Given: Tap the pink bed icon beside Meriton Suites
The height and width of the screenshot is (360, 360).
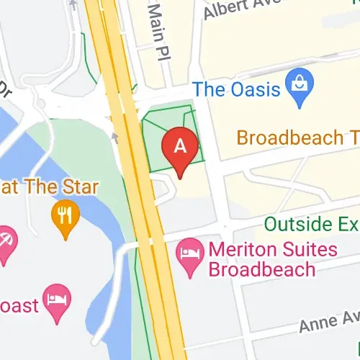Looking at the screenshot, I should point(189,257).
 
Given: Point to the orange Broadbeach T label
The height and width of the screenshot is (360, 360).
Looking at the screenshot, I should point(297,138).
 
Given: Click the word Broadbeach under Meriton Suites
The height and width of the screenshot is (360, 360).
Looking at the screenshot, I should point(262,270).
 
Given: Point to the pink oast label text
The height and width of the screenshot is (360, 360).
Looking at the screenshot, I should point(17,305).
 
